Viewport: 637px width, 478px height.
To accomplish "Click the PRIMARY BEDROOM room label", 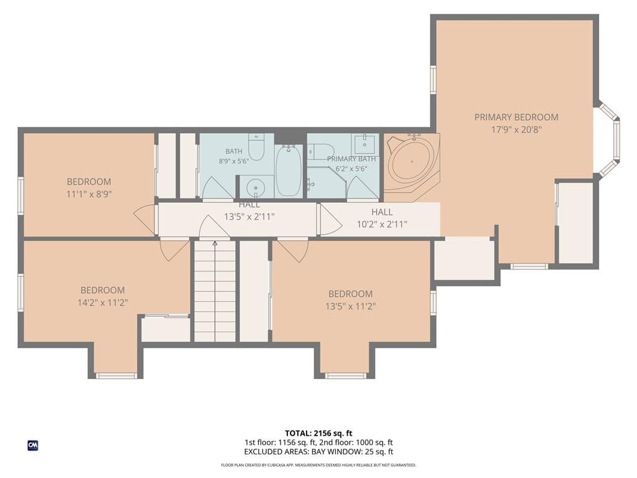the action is pos(516,117).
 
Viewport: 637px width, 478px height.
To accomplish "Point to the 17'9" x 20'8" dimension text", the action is pos(516,129).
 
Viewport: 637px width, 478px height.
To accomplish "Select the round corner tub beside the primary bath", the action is pos(412,161).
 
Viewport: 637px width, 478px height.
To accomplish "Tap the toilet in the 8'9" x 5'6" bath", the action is pos(256,146).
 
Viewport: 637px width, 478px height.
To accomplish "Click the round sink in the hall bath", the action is pos(256,188).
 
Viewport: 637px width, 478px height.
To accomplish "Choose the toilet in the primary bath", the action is pos(321,151).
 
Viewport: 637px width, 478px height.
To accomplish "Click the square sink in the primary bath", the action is pos(365,144).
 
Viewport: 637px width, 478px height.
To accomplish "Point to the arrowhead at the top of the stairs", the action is pos(215,243).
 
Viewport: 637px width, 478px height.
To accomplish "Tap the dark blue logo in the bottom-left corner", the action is pos(33,446).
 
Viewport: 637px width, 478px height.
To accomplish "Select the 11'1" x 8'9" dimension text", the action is pos(89,194).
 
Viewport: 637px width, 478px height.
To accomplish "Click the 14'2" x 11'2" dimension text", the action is pos(103,302).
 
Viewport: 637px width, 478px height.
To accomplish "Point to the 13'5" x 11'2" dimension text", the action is pos(350,306).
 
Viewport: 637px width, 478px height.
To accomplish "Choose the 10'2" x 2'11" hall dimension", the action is pos(382,224).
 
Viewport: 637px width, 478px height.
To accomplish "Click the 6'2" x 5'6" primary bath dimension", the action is pos(351,168).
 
